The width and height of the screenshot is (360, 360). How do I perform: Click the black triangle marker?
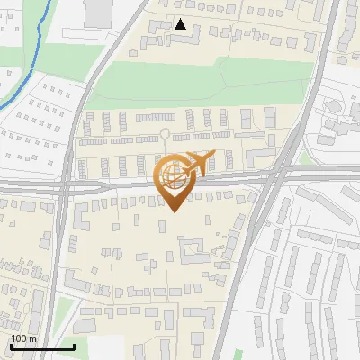182,25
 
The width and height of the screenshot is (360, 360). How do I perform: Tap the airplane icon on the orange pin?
199,163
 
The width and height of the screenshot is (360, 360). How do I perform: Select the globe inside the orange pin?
174,175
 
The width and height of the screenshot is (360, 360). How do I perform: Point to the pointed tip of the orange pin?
173,211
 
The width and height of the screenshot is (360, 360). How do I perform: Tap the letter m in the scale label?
33,338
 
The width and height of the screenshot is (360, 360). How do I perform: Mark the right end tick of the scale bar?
74,346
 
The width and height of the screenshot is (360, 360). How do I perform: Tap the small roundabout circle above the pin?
165,135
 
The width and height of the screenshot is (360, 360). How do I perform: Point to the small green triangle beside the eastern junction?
305,158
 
